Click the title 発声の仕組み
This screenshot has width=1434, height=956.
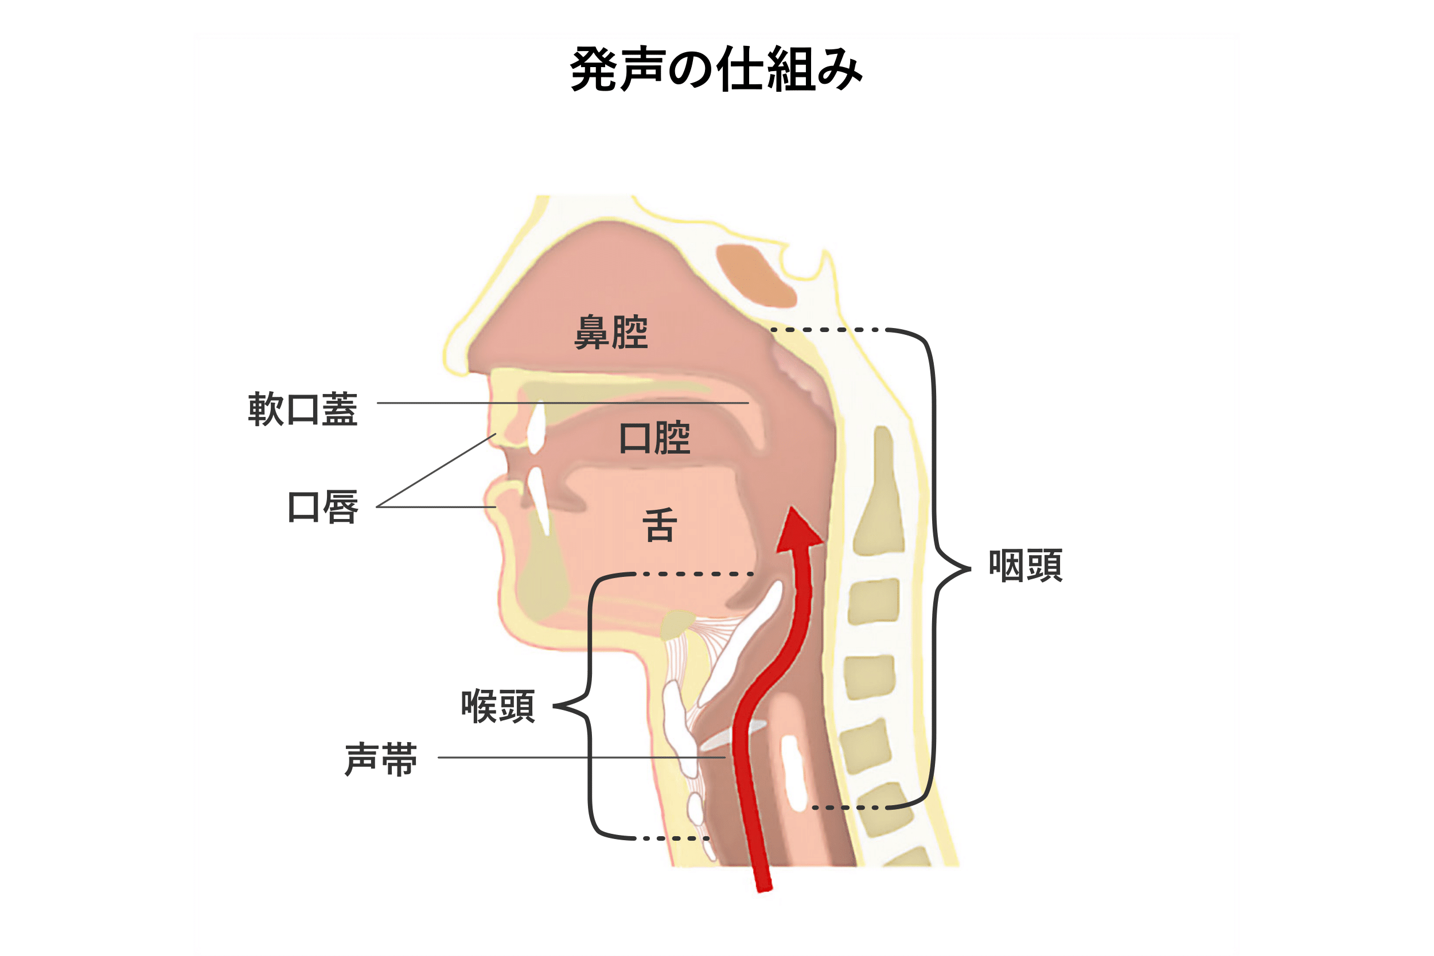pos(716,69)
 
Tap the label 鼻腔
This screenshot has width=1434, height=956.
pos(611,333)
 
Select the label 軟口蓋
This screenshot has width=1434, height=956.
pos(302,408)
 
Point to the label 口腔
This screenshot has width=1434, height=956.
pos(654,438)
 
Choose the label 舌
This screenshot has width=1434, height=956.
pos(660,525)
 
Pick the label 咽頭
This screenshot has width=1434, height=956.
pos(1026,565)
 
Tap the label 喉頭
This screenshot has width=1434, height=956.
pos(498,706)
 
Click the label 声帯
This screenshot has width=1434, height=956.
pos(381,760)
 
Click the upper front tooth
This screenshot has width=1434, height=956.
pos(536,427)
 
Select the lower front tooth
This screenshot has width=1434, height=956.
pos(539,501)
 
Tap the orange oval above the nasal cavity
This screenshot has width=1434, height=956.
pos(756,276)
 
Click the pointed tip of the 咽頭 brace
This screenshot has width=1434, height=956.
pos(970,569)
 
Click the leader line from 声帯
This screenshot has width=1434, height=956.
pos(582,757)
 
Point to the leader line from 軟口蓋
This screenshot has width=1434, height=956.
pos(563,403)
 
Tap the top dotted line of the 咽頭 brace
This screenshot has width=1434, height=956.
pos(825,330)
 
